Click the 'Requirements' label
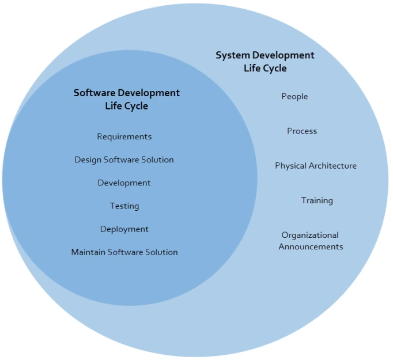(124, 137)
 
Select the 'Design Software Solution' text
(124, 160)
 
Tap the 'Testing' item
(124, 206)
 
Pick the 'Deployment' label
(124, 229)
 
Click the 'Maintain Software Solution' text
(124, 252)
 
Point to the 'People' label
(294, 96)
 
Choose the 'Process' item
(302, 131)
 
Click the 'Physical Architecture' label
(315, 165)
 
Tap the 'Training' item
(317, 200)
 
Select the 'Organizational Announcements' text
(311, 241)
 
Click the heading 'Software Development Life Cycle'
(127, 99)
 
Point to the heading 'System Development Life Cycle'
(265, 62)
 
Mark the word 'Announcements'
(311, 247)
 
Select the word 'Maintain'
(87, 252)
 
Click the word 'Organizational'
(310, 235)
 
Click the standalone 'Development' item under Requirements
(124, 183)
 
